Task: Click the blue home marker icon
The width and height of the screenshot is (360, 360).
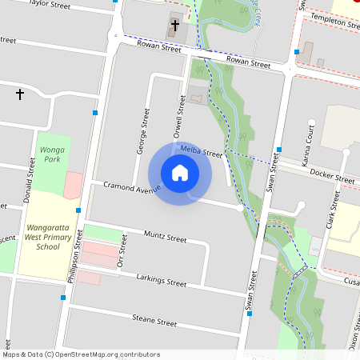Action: [x=179, y=173]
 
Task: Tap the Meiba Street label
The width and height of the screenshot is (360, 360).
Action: [x=201, y=152]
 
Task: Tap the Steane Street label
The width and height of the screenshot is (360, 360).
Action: [x=154, y=322]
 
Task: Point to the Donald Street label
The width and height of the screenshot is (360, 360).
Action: [x=32, y=178]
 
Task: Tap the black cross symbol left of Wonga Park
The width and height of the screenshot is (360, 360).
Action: [x=20, y=94]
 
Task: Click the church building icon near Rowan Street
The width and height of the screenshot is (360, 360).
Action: [x=174, y=26]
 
